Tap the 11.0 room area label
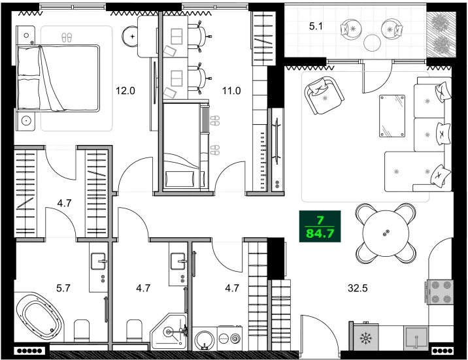231,91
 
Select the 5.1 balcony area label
316,27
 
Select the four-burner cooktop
439,291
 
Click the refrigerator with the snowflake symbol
365,338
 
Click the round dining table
386,233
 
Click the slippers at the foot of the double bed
66,37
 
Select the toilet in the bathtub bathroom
82,330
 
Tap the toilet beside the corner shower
135,330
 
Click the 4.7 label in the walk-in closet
64,203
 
